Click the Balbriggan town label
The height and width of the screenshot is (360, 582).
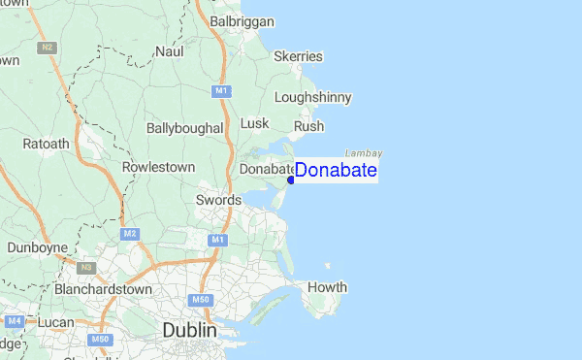242,20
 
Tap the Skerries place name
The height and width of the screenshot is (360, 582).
297,57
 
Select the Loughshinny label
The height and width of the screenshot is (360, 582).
312,97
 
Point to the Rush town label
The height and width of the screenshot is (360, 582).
308,126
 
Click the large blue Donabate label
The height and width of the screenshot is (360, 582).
336,171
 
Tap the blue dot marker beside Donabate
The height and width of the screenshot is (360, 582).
291,180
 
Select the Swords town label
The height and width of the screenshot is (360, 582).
217,200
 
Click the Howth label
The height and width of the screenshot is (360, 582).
327,287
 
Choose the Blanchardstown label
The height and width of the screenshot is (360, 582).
104,289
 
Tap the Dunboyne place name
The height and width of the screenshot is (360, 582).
36,247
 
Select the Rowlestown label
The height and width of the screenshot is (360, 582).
159,167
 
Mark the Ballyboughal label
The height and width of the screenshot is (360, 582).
184,128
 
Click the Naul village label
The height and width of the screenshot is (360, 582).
169,50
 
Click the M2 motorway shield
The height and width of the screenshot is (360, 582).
130,234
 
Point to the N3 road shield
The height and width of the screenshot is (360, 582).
85,267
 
